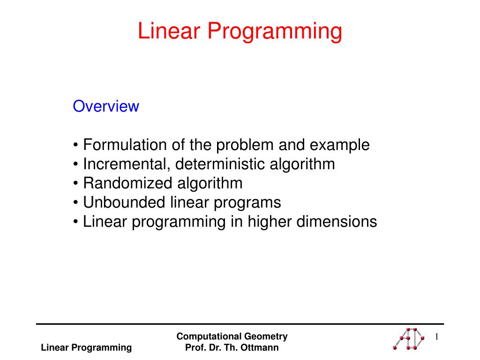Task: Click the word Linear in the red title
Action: pos(169,30)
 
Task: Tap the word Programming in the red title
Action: pos(275,32)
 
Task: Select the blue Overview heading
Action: pos(106,106)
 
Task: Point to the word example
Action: pos(339,145)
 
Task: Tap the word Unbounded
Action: pos(124,202)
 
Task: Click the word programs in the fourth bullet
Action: pos(247,203)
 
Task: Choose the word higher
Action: pos(270,222)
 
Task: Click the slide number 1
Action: pos(436,337)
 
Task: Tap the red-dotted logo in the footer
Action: pos(409,338)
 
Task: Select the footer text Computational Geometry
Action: pos(232,337)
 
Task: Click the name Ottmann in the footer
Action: pos(260,347)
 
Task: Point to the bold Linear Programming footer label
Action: pos(86,348)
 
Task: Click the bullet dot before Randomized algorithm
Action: pos(75,183)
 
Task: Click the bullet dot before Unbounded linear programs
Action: pos(75,202)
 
